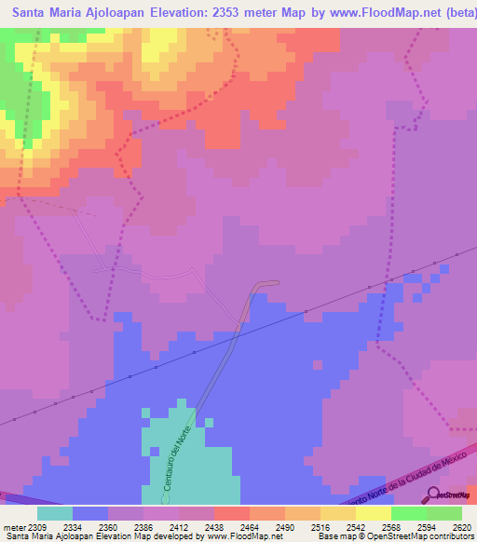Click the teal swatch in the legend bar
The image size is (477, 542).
[54, 513]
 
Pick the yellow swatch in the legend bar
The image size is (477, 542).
[337, 513]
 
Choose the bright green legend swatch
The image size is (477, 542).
[408, 513]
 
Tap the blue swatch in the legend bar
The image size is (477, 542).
[90, 513]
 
